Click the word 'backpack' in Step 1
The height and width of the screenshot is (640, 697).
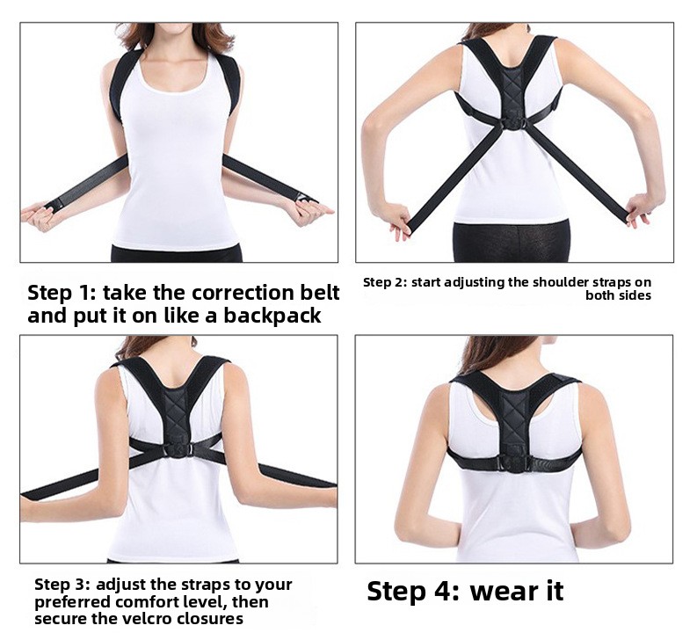[x=272, y=316]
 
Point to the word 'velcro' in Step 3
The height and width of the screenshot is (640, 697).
[x=149, y=618]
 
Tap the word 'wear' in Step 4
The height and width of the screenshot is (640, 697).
[x=501, y=591]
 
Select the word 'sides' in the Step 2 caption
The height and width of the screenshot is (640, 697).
[x=636, y=295]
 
